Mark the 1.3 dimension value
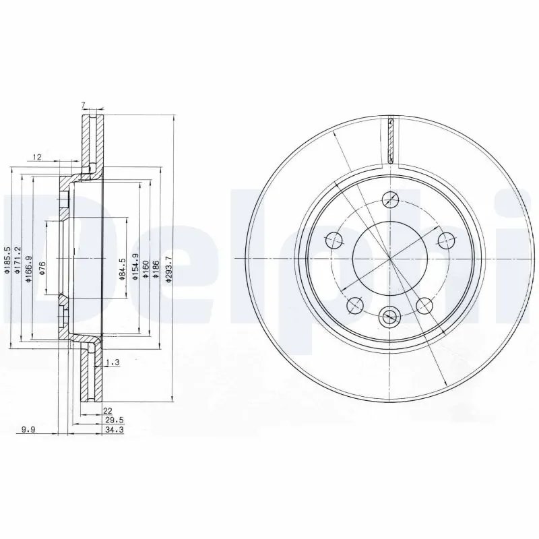tap(113, 363)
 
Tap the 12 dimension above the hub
tap(38, 157)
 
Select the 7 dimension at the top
tap(83, 105)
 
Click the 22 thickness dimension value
tap(106, 410)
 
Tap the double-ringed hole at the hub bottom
tap(389, 316)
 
